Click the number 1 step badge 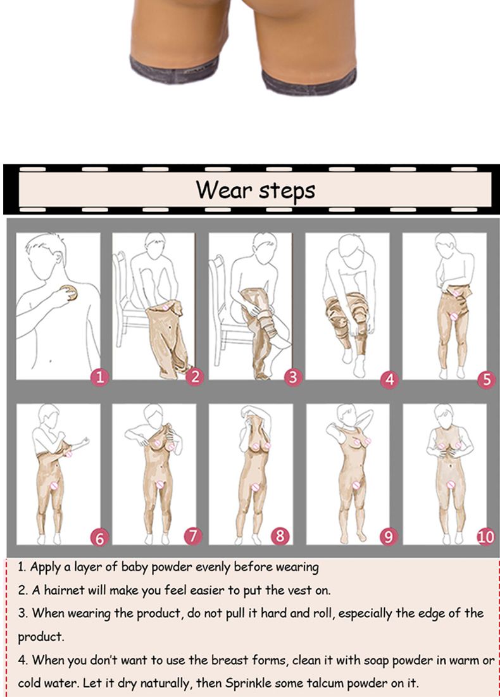[99, 377]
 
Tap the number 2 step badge [195, 377]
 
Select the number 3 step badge [293, 377]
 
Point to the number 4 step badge [390, 380]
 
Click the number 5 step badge [487, 379]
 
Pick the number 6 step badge [99, 538]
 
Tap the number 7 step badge [193, 536]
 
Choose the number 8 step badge [280, 536]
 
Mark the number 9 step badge [389, 537]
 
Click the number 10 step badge [486, 537]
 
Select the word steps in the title [287, 191]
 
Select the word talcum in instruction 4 [328, 682]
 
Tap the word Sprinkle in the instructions [249, 683]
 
